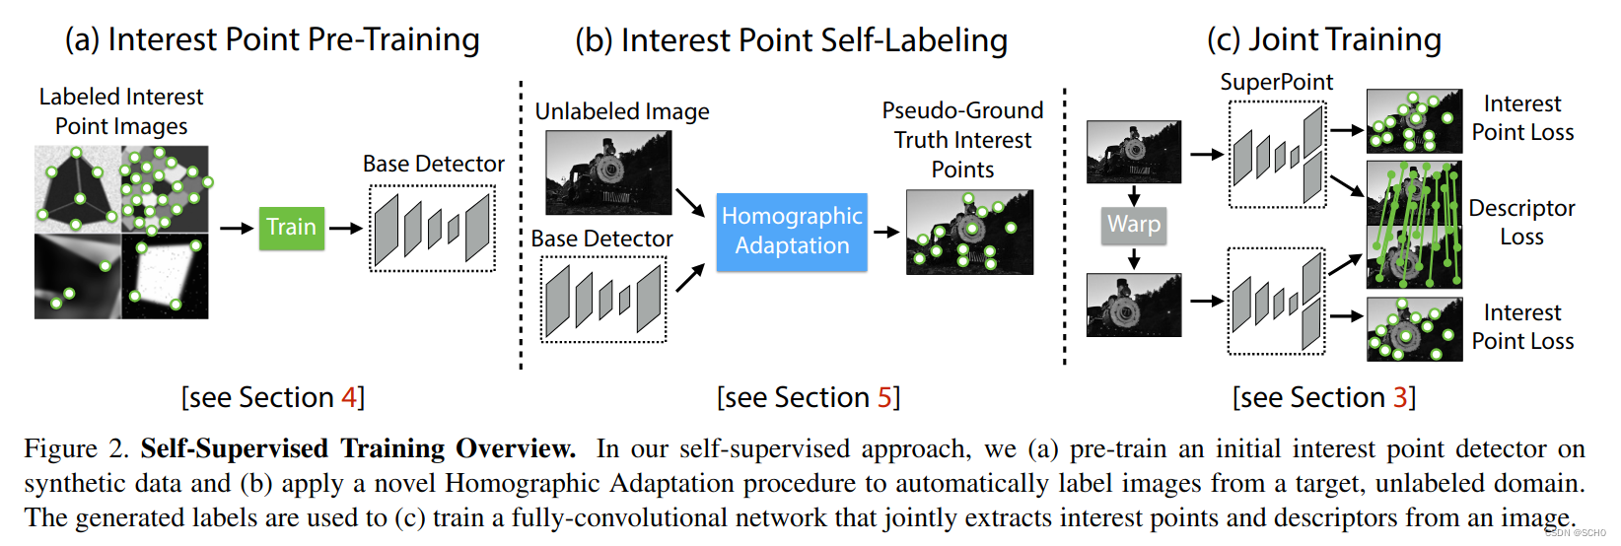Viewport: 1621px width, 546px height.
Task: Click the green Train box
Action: point(291,228)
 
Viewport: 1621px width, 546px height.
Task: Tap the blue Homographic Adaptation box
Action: point(792,232)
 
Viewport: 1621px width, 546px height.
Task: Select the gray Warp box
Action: point(1134,225)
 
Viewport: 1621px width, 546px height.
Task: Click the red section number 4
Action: point(348,397)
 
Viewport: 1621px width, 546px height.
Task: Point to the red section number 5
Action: point(884,397)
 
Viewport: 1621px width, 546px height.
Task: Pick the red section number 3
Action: point(1400,397)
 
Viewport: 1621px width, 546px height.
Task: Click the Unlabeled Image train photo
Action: point(608,172)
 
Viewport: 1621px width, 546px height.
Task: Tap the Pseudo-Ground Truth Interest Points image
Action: point(969,232)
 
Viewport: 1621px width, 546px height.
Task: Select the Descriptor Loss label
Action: point(1521,222)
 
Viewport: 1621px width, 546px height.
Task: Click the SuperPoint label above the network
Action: point(1276,82)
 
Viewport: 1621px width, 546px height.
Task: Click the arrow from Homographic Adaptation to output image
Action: point(885,233)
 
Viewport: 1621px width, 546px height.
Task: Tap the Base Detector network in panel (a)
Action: point(432,228)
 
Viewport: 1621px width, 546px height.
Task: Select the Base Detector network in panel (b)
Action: point(603,300)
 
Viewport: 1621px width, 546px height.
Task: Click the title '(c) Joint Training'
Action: point(1323,39)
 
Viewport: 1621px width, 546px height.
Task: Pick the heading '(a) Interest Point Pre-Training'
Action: point(272,39)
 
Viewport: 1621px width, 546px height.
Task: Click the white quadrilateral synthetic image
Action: point(166,276)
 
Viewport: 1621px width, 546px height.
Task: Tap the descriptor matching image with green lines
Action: point(1414,224)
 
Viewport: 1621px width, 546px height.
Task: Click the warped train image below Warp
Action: point(1133,306)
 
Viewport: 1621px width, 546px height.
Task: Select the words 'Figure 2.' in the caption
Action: point(76,449)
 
